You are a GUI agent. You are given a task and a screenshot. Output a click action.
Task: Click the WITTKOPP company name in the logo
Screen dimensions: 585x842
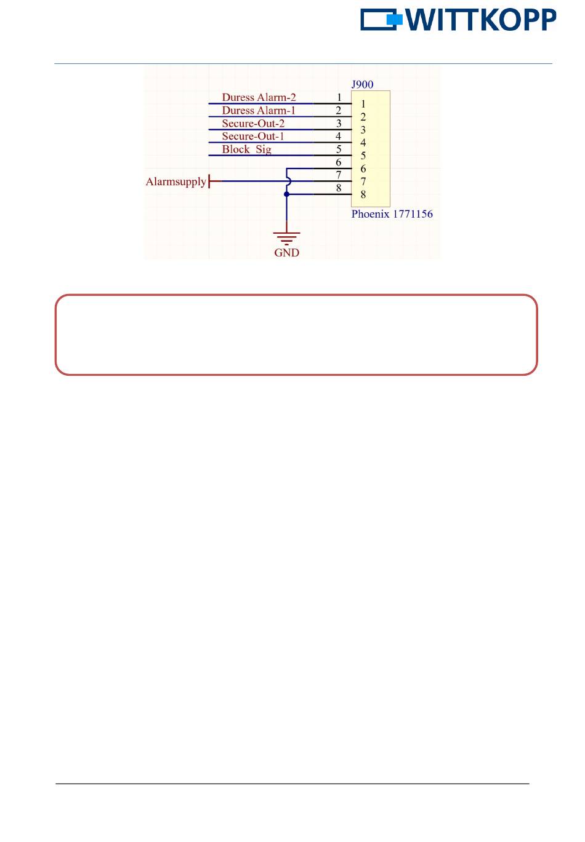tap(481, 20)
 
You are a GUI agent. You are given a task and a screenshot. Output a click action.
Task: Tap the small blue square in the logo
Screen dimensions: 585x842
tap(394, 20)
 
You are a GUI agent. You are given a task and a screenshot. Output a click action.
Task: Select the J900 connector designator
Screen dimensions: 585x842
tap(362, 84)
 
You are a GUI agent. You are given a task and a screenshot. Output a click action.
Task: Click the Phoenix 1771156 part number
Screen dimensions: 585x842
tap(392, 214)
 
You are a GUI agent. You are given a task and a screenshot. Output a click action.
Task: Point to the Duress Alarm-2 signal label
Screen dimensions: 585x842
tap(259, 97)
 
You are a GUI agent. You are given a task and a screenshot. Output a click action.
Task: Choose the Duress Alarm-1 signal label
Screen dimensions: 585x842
tap(259, 111)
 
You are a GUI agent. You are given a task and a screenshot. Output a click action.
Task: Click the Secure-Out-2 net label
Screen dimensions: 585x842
tap(253, 124)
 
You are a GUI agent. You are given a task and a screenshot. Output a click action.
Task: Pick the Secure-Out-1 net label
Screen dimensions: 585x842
tap(253, 137)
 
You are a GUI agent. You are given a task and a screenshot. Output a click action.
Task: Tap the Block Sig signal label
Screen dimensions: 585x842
tap(246, 149)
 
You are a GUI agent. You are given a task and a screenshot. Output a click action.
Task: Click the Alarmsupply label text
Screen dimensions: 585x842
tap(175, 181)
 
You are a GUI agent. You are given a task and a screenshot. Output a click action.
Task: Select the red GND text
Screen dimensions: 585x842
tap(286, 253)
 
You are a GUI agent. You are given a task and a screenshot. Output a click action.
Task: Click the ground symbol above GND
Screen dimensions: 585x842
tap(286, 238)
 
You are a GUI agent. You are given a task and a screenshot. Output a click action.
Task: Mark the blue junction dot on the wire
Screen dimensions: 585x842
tap(286, 194)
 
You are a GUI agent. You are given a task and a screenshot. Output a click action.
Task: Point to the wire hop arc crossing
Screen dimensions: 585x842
tap(288, 181)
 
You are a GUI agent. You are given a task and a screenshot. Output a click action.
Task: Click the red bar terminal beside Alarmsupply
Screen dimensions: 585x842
tap(210, 181)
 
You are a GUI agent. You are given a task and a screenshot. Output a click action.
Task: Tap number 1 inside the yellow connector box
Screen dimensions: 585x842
tap(363, 104)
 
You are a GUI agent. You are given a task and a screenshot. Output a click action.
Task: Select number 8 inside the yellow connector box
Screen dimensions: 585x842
tap(363, 195)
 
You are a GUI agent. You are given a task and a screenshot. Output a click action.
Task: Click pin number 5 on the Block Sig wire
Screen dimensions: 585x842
tap(339, 149)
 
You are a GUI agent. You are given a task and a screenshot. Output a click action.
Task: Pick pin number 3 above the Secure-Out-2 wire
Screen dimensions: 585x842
tap(339, 124)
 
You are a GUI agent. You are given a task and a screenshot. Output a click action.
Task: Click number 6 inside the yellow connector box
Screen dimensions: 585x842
tap(363, 169)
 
